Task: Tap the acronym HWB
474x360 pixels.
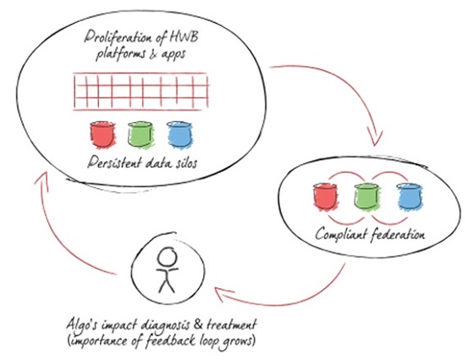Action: (185, 38)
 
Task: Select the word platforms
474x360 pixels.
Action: (120, 55)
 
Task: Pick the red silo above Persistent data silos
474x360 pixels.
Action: (102, 135)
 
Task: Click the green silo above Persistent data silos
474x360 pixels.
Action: (140, 135)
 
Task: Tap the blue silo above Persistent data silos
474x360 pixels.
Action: (179, 135)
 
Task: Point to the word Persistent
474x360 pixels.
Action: (114, 163)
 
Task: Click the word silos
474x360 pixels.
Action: (185, 163)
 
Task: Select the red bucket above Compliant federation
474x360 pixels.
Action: (326, 197)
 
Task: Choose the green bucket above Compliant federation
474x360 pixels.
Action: (367, 197)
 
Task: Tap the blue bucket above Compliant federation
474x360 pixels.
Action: (410, 197)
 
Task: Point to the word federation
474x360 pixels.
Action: (398, 234)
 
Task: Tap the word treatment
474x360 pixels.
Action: (232, 324)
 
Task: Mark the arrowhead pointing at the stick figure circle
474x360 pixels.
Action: (223, 295)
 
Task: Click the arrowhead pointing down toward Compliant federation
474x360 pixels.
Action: (375, 136)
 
